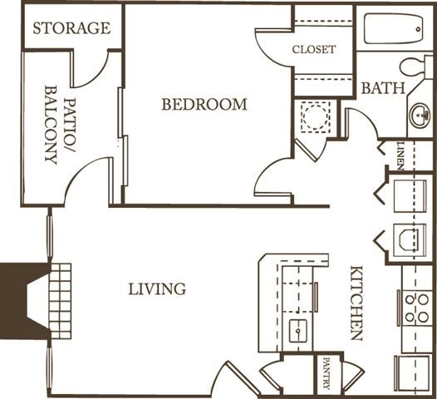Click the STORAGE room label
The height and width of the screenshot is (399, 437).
point(71,27)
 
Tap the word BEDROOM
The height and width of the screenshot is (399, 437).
point(204,105)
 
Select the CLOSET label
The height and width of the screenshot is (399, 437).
point(314,49)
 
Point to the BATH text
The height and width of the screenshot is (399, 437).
point(383,87)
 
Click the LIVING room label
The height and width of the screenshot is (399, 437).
point(157,288)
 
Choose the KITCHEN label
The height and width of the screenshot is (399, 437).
point(356,303)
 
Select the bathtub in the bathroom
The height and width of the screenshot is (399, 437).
point(392,29)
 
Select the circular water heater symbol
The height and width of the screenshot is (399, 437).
point(315,116)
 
